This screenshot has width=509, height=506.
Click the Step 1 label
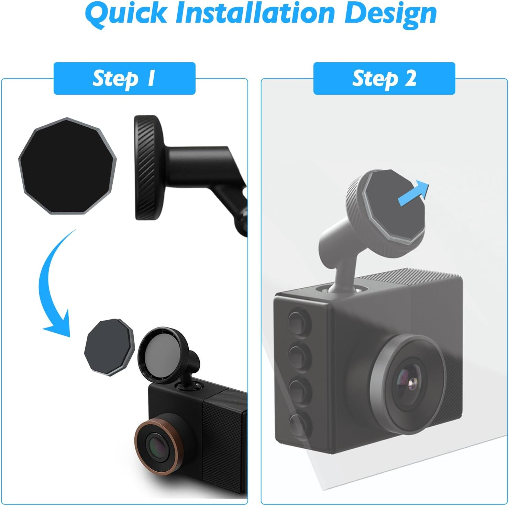(x=124, y=78)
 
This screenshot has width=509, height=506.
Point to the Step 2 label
(x=384, y=78)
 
